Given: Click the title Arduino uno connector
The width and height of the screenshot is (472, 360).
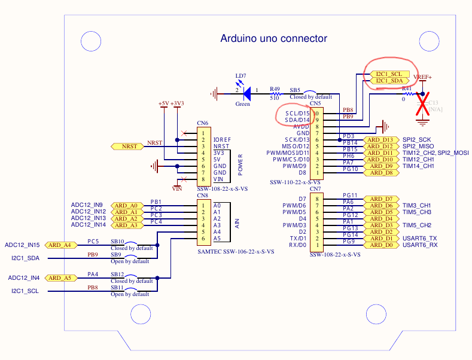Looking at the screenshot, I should [x=274, y=39].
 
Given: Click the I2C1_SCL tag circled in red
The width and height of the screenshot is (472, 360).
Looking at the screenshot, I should [x=388, y=74].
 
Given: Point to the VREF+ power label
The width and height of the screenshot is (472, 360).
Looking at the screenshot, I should [x=422, y=77].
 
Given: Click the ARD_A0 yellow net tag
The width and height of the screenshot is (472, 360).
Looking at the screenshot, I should [x=126, y=205].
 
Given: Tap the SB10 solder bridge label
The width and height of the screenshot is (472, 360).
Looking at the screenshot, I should [x=117, y=242].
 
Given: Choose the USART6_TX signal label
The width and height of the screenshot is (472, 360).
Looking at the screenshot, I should [x=420, y=238].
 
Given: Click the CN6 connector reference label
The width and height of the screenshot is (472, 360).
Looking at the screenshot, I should [x=202, y=123].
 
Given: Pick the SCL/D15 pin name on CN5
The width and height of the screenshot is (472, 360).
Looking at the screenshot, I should [x=297, y=113].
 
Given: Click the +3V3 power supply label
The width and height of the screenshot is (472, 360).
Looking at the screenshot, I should [x=177, y=103].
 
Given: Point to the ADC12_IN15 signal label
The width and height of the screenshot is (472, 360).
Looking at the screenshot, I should [x=23, y=245].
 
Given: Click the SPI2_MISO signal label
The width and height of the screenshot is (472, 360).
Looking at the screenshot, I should [x=418, y=147].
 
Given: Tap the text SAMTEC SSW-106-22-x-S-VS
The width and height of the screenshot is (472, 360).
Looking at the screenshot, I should [x=236, y=252].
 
